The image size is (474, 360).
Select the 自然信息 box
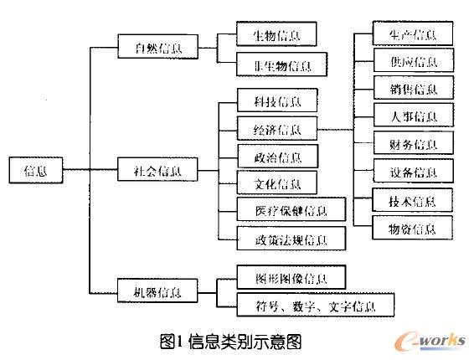click(x=156, y=49)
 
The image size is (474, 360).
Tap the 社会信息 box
click(x=156, y=171)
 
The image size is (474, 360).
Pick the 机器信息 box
click(x=156, y=293)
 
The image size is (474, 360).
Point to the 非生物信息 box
click(x=279, y=64)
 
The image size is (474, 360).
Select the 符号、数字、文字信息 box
click(x=315, y=305)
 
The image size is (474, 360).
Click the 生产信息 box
click(x=413, y=34)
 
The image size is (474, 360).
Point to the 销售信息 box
click(x=413, y=89)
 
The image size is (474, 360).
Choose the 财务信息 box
click(x=413, y=144)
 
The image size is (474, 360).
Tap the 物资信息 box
click(x=413, y=227)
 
